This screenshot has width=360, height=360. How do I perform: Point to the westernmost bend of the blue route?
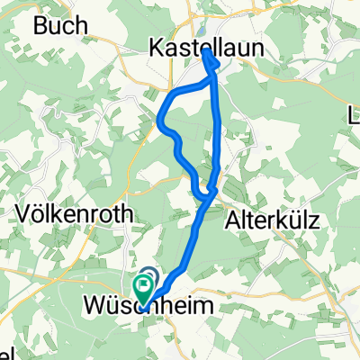click(x=159, y=120)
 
